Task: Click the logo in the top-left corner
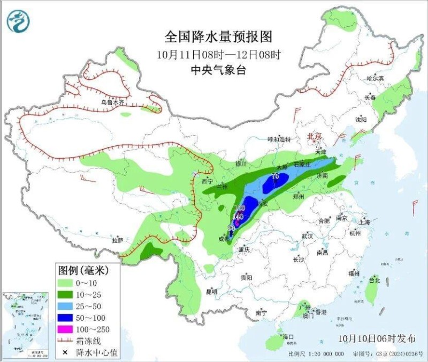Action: pyautogui.click(x=18, y=21)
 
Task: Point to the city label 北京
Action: pyautogui.click(x=315, y=137)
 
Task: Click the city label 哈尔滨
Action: pyautogui.click(x=375, y=78)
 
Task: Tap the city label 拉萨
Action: pyautogui.click(x=118, y=240)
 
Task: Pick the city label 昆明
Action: pyautogui.click(x=211, y=292)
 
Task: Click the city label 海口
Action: pyautogui.click(x=288, y=337)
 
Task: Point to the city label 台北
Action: pyautogui.click(x=374, y=280)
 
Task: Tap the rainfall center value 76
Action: pyautogui.click(x=276, y=176)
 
